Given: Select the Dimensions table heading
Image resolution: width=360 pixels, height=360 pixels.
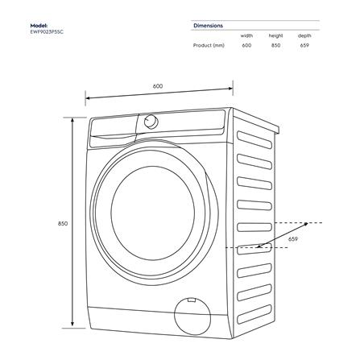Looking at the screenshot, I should click(208, 26).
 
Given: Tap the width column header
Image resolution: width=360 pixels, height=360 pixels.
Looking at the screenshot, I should click(246, 35).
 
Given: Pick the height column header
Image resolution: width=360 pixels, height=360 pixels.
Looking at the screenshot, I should click(276, 35).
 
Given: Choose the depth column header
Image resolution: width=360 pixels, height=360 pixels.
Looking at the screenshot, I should click(304, 35).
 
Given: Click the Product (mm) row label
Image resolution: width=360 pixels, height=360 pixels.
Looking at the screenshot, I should click(208, 45).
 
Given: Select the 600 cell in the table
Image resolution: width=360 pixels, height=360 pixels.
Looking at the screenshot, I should click(246, 45).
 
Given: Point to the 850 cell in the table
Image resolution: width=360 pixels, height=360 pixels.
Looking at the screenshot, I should click(276, 45).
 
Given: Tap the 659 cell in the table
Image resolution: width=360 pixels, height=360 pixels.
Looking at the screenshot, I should click(304, 45).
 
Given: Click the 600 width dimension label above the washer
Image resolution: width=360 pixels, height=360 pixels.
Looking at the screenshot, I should click(158, 86).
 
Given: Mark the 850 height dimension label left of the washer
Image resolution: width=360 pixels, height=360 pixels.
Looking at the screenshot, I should click(63, 222).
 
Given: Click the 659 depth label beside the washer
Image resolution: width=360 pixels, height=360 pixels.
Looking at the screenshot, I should click(293, 239).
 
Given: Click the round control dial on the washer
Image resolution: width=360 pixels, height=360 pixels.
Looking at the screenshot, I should click(151, 121).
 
